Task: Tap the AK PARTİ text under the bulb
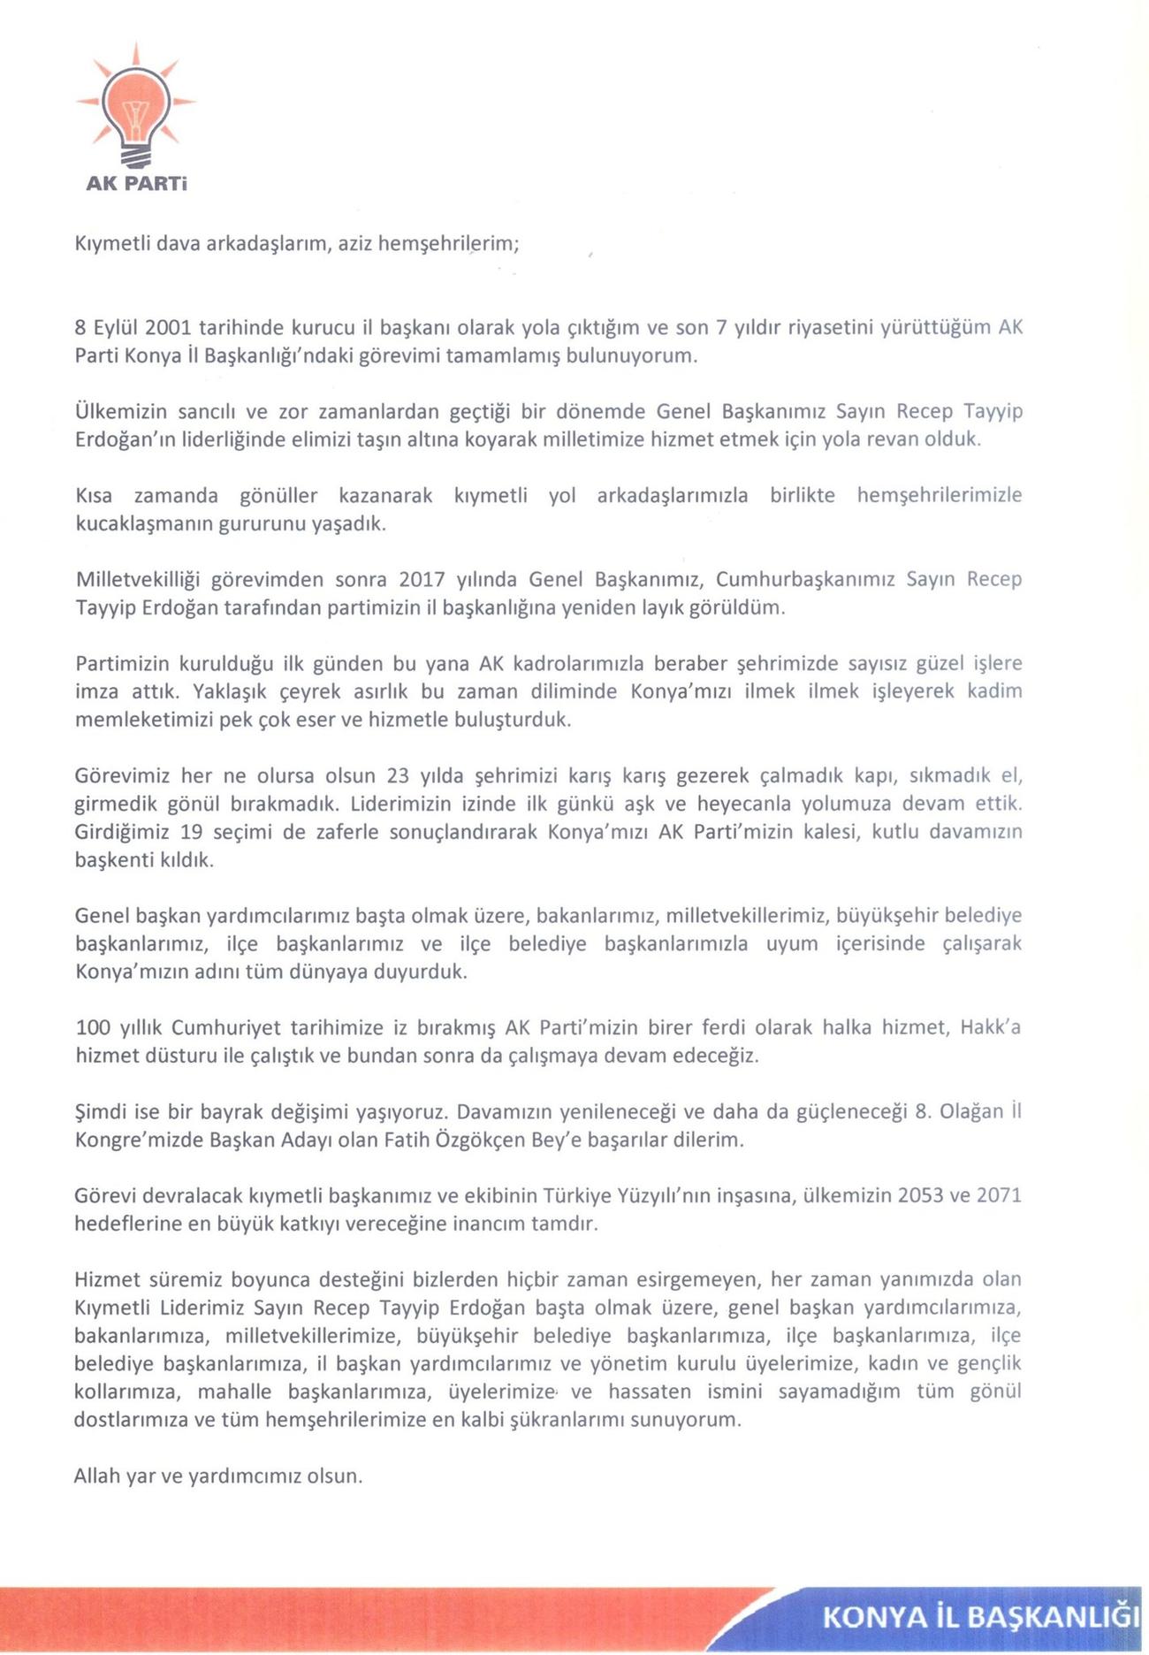pyautogui.click(x=136, y=184)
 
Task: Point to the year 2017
pyautogui.click(x=422, y=580)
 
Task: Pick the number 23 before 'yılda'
pyautogui.click(x=399, y=776)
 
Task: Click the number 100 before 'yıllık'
pyautogui.click(x=93, y=1027)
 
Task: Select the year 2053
pyautogui.click(x=921, y=1196)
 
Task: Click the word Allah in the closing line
pyautogui.click(x=97, y=1476)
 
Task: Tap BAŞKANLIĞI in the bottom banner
pyautogui.click(x=1054, y=1616)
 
